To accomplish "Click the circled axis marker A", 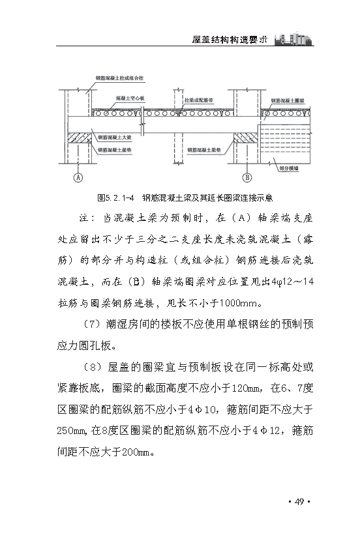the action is click(77, 177).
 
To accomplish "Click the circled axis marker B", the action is click(247, 177).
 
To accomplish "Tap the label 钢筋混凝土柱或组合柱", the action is click(113, 78).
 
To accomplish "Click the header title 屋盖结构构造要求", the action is click(231, 39).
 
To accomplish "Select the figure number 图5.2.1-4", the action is click(115, 196).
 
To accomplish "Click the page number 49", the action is click(299, 501).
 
